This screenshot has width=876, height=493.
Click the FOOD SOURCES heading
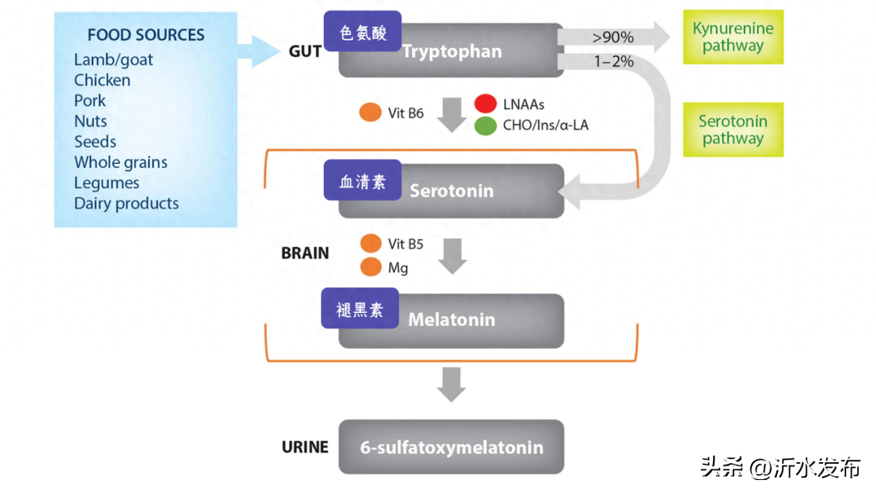pos(146,35)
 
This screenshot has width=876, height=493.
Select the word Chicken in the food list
pos(102,80)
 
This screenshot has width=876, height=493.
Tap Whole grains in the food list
pos(121,162)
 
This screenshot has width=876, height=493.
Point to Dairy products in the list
pos(127,204)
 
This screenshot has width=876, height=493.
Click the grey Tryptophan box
pos(470,53)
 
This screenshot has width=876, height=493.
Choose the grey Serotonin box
pos(470,192)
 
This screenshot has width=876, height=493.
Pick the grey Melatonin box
pos(470,320)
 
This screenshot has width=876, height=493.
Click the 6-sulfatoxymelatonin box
pos(451,447)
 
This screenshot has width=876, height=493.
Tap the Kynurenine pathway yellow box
pos(733,37)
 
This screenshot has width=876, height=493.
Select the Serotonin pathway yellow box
pos(733,130)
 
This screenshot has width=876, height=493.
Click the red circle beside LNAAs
pos(486,104)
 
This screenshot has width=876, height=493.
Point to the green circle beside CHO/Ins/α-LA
pos(486,126)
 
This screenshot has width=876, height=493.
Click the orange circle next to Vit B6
pos(371,113)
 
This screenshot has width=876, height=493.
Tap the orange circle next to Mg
pos(371,267)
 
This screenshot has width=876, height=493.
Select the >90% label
pos(613,36)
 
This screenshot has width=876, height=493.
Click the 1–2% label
pos(613,62)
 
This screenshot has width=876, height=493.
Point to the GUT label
pos(305,52)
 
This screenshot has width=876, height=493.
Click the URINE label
pos(305,447)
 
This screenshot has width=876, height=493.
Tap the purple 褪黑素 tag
pos(360,309)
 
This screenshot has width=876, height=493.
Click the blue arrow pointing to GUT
pos(260,50)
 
